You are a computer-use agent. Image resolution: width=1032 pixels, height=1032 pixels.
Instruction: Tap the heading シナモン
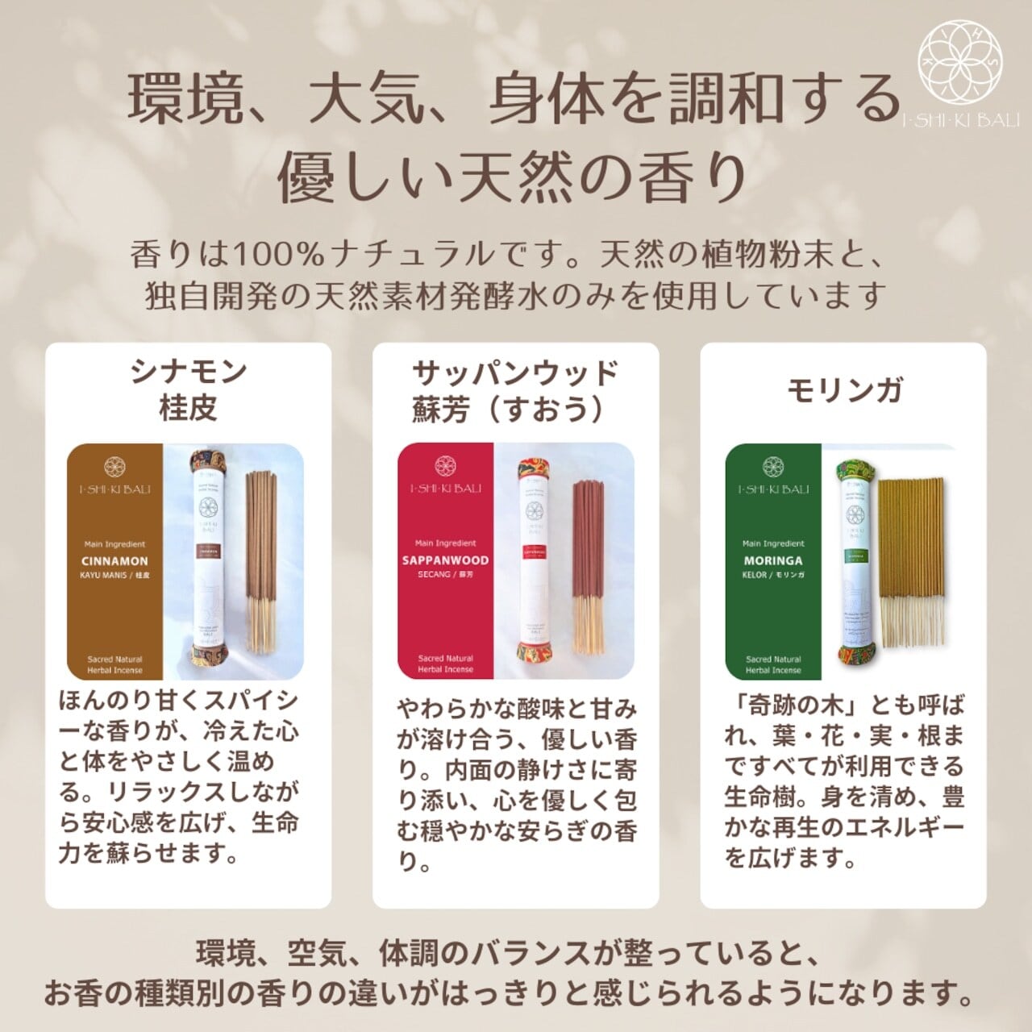[x=188, y=372]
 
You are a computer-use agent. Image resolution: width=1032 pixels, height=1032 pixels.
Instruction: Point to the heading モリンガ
[x=843, y=389]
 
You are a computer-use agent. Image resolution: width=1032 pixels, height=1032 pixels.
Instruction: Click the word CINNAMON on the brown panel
[x=114, y=561]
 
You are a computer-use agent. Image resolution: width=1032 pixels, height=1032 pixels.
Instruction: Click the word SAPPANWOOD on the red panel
[x=445, y=560]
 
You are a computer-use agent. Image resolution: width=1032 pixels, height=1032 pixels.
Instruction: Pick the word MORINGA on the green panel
[x=772, y=560]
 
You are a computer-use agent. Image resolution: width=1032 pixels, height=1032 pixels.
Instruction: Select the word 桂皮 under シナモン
[x=188, y=408]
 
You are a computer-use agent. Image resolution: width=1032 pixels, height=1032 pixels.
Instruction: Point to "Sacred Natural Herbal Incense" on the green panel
[x=772, y=664]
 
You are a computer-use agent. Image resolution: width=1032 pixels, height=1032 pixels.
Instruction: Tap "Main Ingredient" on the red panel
[x=445, y=543]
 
